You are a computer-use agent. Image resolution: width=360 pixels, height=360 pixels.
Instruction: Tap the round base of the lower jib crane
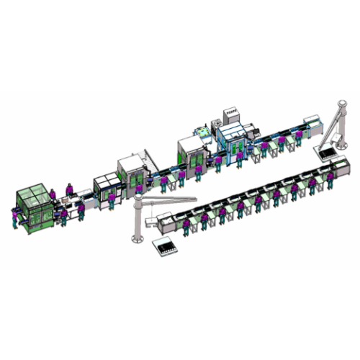click(x=134, y=237)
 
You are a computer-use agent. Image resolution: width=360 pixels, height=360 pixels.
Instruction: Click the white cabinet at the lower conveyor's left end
click(x=165, y=222)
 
